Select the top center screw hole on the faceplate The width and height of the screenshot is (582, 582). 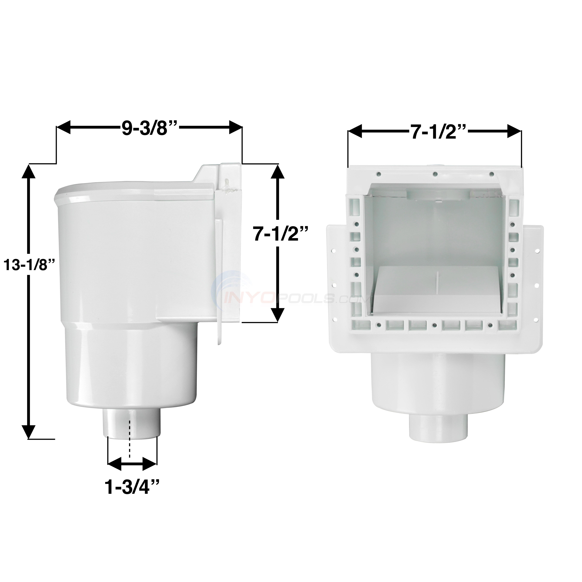tap(435, 174)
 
